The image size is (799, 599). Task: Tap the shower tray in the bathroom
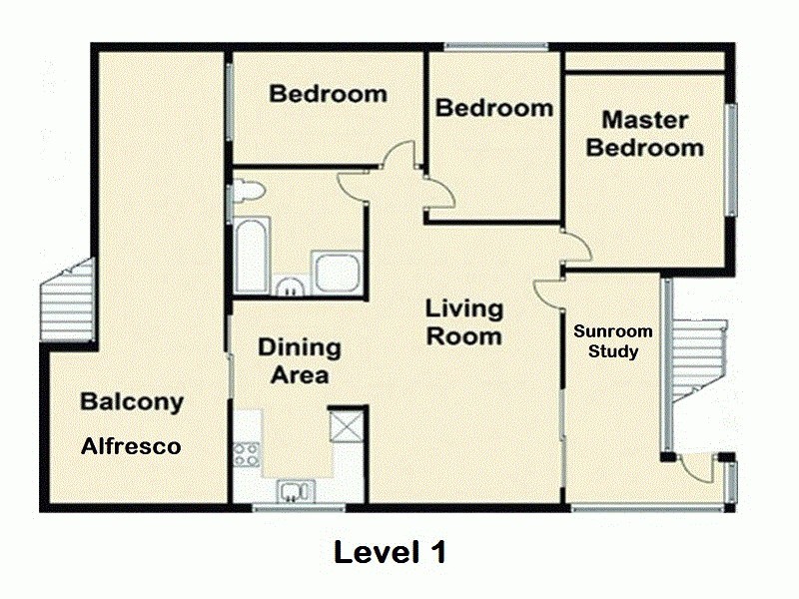(x=329, y=273)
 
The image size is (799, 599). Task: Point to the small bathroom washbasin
(x=291, y=288)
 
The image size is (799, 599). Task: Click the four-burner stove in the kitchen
(x=246, y=455)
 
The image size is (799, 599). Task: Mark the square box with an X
(x=346, y=426)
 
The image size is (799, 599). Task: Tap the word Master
(x=644, y=121)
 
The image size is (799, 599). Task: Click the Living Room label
(x=463, y=321)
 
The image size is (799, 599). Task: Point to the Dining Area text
(x=300, y=361)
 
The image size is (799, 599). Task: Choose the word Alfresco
(x=131, y=446)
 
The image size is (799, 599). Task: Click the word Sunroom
(x=612, y=331)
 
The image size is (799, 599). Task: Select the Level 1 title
(x=390, y=551)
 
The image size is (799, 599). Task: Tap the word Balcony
(x=131, y=402)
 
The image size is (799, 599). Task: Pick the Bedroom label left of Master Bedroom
(x=493, y=107)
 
